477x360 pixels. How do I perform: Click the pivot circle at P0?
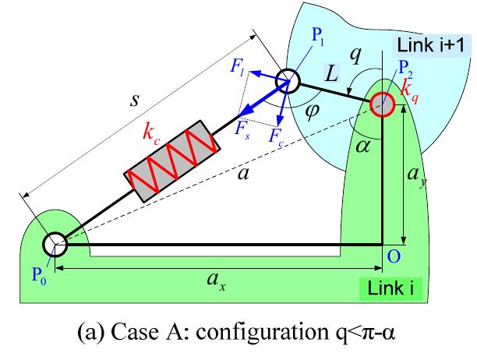55,244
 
